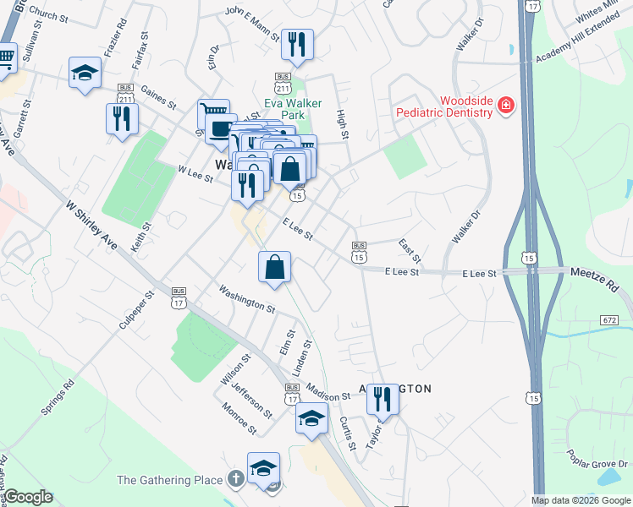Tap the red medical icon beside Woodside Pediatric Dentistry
[x=506, y=105]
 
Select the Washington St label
[x=246, y=299]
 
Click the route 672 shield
[x=623, y=321]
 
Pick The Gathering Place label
[x=170, y=480]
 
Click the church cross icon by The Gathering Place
[x=235, y=480]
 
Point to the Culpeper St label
[x=136, y=310]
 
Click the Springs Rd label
[x=58, y=397]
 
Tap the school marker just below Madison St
[x=311, y=418]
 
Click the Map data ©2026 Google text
[x=581, y=500]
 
